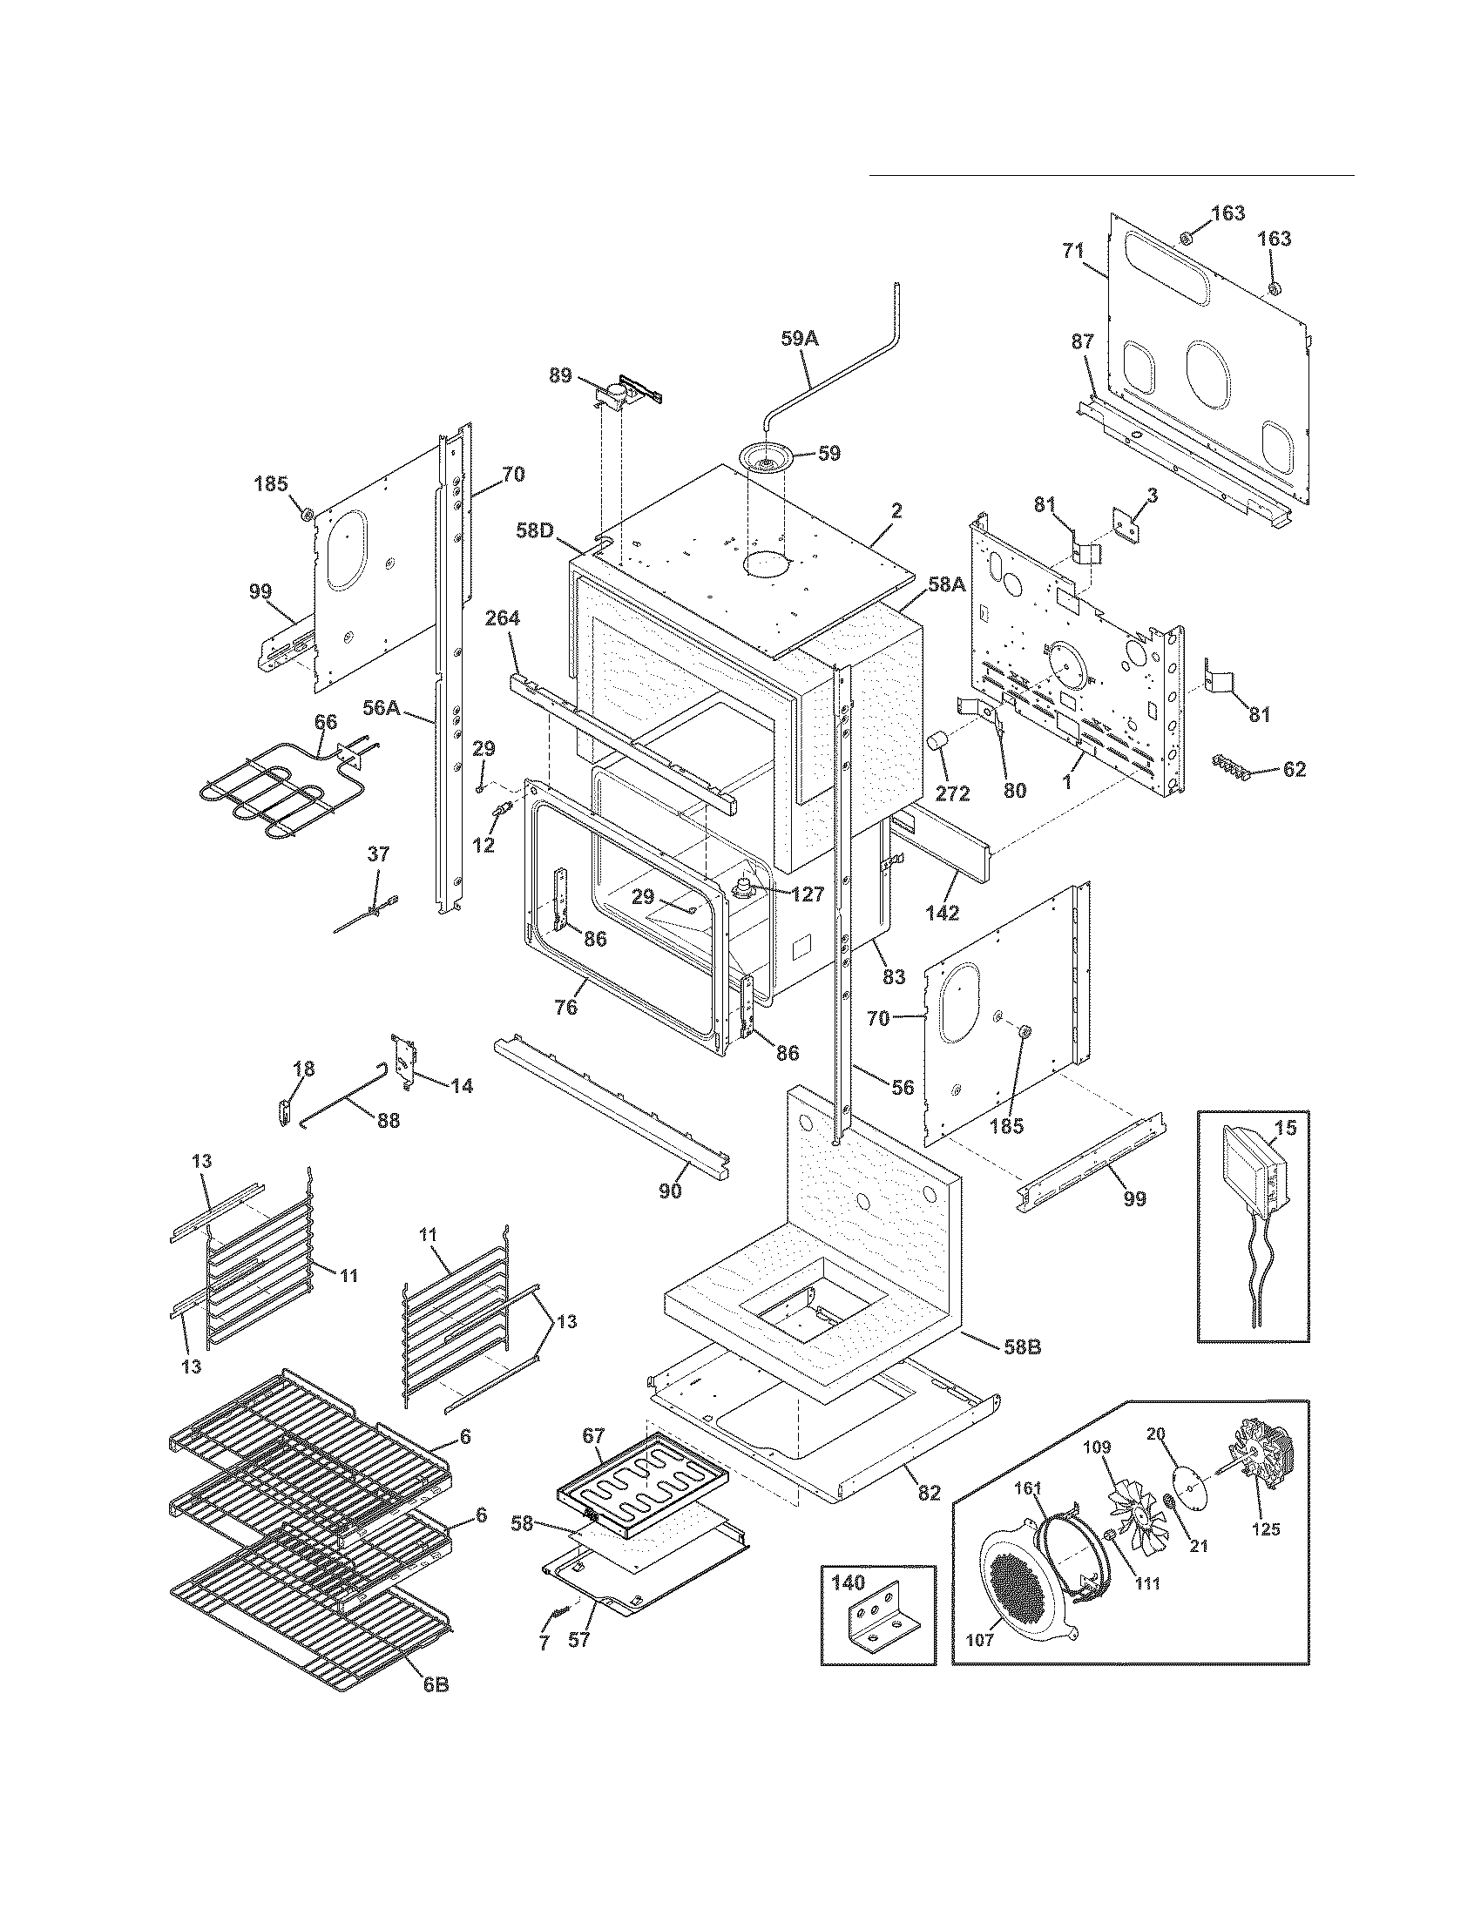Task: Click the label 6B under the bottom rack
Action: [x=436, y=1685]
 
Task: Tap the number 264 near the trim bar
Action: [x=502, y=618]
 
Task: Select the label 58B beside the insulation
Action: [x=1022, y=1371]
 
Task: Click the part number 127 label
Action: [x=808, y=894]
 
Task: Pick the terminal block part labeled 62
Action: [x=1233, y=765]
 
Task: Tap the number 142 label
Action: [x=941, y=912]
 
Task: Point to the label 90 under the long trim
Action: [x=669, y=1191]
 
